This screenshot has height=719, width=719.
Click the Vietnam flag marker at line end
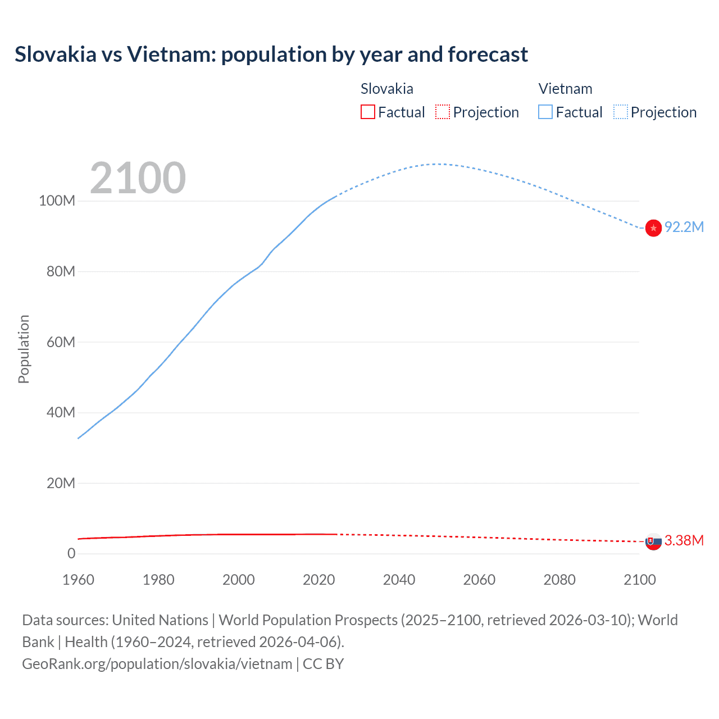[x=653, y=228]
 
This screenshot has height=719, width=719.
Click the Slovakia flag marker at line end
[x=653, y=541]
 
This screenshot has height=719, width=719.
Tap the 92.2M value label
[x=684, y=227]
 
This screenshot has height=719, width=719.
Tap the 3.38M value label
[x=684, y=540]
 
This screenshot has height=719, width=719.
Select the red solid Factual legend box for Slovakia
[x=367, y=112]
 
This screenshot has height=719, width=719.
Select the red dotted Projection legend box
[x=443, y=112]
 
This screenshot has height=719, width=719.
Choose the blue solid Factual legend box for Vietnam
[x=545, y=112]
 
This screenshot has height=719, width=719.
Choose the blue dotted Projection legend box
[x=621, y=112]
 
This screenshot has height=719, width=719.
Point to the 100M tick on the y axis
[x=57, y=201]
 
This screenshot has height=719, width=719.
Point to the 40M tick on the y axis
[x=61, y=412]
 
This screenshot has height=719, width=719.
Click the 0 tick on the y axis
[x=71, y=553]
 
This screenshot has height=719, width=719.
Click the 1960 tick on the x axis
[x=78, y=580]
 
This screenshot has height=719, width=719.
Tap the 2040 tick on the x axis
[x=399, y=580]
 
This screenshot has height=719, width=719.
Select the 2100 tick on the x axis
[x=639, y=580]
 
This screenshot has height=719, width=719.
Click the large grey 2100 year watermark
[x=138, y=178]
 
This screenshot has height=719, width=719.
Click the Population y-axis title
[x=24, y=349]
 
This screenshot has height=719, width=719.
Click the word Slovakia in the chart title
[x=56, y=54]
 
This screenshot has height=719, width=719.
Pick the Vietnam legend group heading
[x=565, y=89]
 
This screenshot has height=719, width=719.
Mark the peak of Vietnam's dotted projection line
[x=438, y=164]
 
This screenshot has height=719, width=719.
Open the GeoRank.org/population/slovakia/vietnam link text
[x=157, y=664]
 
